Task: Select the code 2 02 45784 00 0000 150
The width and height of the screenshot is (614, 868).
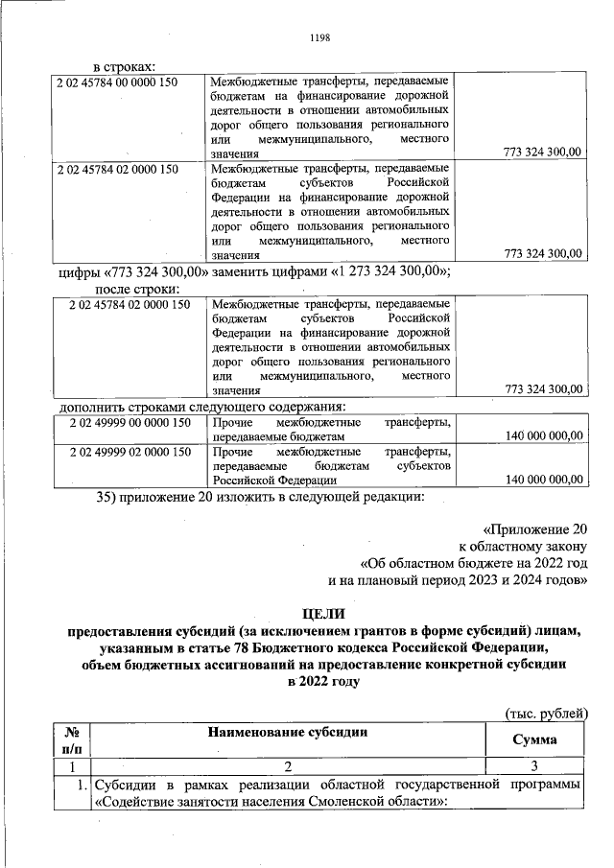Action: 119,83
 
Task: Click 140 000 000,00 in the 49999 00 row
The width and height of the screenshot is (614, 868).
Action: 543,435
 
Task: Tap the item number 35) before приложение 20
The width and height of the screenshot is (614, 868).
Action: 113,497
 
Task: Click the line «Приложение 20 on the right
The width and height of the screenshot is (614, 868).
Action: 533,529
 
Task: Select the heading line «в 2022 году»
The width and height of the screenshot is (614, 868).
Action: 320,682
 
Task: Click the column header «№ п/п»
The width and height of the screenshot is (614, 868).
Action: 71,739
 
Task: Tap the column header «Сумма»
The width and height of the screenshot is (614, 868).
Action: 534,740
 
